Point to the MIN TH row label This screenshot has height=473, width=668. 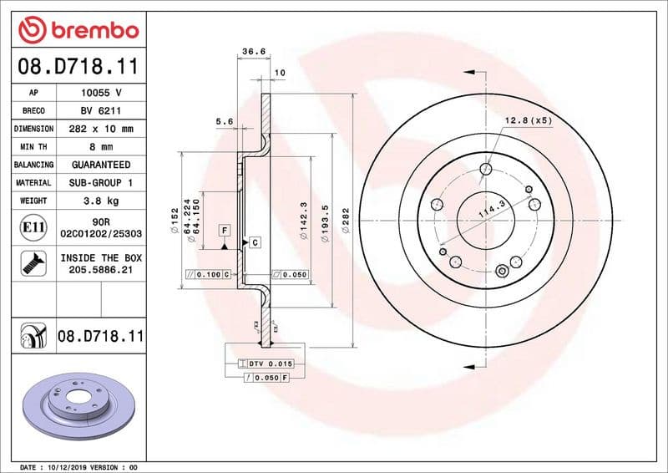pos(33,147)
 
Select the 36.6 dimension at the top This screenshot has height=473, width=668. pos(253,52)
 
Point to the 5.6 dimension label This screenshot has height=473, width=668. pos(224,122)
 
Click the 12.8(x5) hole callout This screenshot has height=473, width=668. pos(528,121)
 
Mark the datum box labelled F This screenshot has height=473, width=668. pos(224,229)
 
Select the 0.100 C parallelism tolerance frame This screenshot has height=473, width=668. pos(208,274)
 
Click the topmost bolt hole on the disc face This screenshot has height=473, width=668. pos(486,170)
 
